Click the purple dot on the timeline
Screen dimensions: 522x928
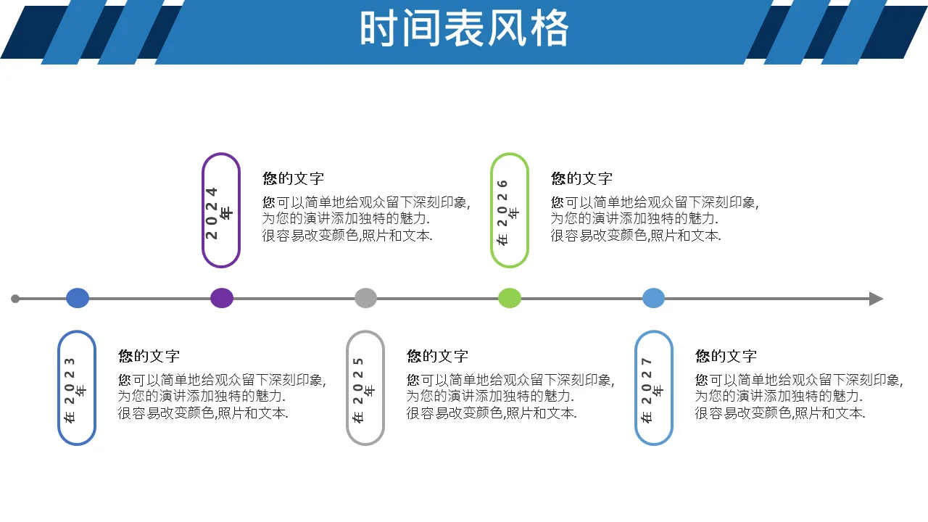[x=222, y=298]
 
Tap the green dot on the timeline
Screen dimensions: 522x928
[x=510, y=298]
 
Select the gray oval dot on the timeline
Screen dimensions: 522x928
[x=365, y=298]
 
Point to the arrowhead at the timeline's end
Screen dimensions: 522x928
[x=876, y=299]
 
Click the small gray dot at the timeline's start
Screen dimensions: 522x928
[x=15, y=299]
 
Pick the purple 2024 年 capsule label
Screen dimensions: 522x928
[x=221, y=210]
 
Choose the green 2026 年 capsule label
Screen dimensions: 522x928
[x=510, y=210]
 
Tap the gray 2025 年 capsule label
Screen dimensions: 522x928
[x=365, y=388]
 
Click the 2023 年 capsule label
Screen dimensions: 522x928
[x=77, y=388]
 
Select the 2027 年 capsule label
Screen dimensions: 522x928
[x=654, y=388]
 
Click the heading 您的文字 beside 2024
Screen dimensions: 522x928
[x=293, y=178]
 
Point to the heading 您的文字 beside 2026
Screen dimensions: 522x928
[x=581, y=178]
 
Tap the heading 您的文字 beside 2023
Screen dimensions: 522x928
[x=149, y=356]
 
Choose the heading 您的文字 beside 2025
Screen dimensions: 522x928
[x=437, y=356]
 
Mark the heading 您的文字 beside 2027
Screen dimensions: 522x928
[x=726, y=356]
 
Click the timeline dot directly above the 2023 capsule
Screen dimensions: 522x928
[x=78, y=298]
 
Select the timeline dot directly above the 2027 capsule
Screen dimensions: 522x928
[x=653, y=298]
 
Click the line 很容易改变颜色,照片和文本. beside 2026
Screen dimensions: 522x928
[x=636, y=236]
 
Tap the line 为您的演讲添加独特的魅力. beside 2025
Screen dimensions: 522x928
[x=490, y=397]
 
